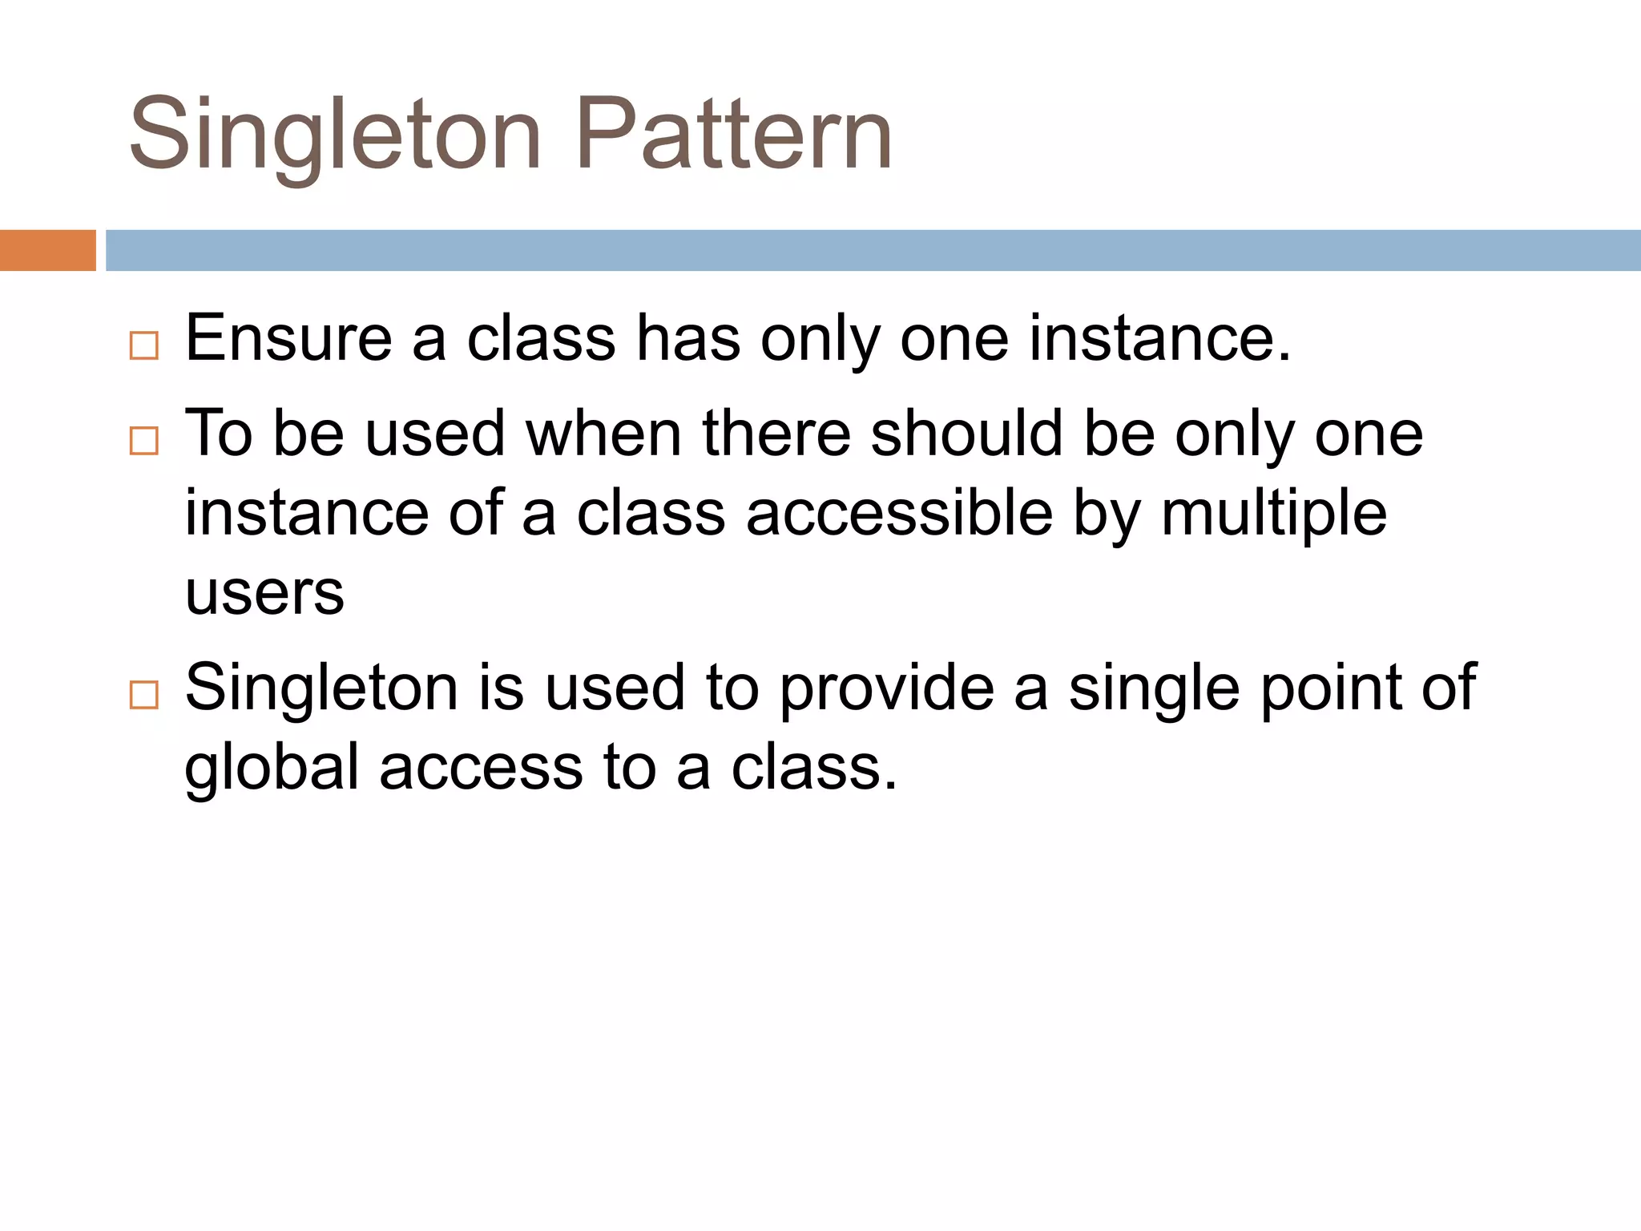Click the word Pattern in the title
pyautogui.click(x=733, y=135)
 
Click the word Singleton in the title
pyautogui.click(x=336, y=135)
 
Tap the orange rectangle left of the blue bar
pyautogui.click(x=47, y=250)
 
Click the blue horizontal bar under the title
pyautogui.click(x=872, y=250)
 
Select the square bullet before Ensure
pyautogui.click(x=144, y=345)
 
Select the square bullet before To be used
pyautogui.click(x=144, y=441)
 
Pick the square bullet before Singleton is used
pyautogui.click(x=144, y=695)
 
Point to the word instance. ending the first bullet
pyautogui.click(x=1159, y=338)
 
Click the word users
pyautogui.click(x=264, y=593)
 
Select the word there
pyautogui.click(x=776, y=434)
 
